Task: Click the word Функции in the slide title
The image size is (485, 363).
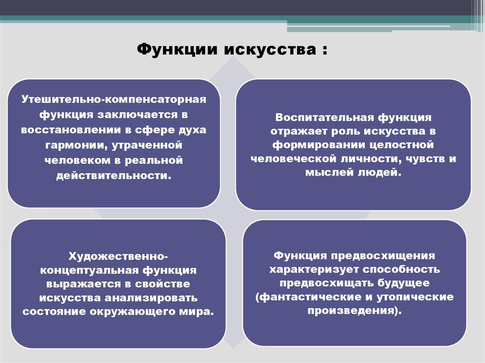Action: point(177,50)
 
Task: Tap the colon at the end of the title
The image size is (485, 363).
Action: point(324,50)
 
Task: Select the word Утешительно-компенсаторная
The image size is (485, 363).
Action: point(114,99)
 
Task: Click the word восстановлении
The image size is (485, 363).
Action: point(71,130)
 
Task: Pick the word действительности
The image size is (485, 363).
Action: point(114,175)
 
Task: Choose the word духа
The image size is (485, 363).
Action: point(192,130)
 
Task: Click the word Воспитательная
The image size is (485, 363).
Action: point(324,118)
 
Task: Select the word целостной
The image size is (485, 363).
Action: point(402,145)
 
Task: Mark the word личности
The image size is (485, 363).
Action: point(370,159)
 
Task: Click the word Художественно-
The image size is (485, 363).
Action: point(118,257)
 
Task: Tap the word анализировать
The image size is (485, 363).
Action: point(151,298)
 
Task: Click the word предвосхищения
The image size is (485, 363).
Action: point(383,257)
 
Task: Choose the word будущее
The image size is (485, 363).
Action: point(404,283)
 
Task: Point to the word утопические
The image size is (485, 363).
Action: point(415,297)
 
